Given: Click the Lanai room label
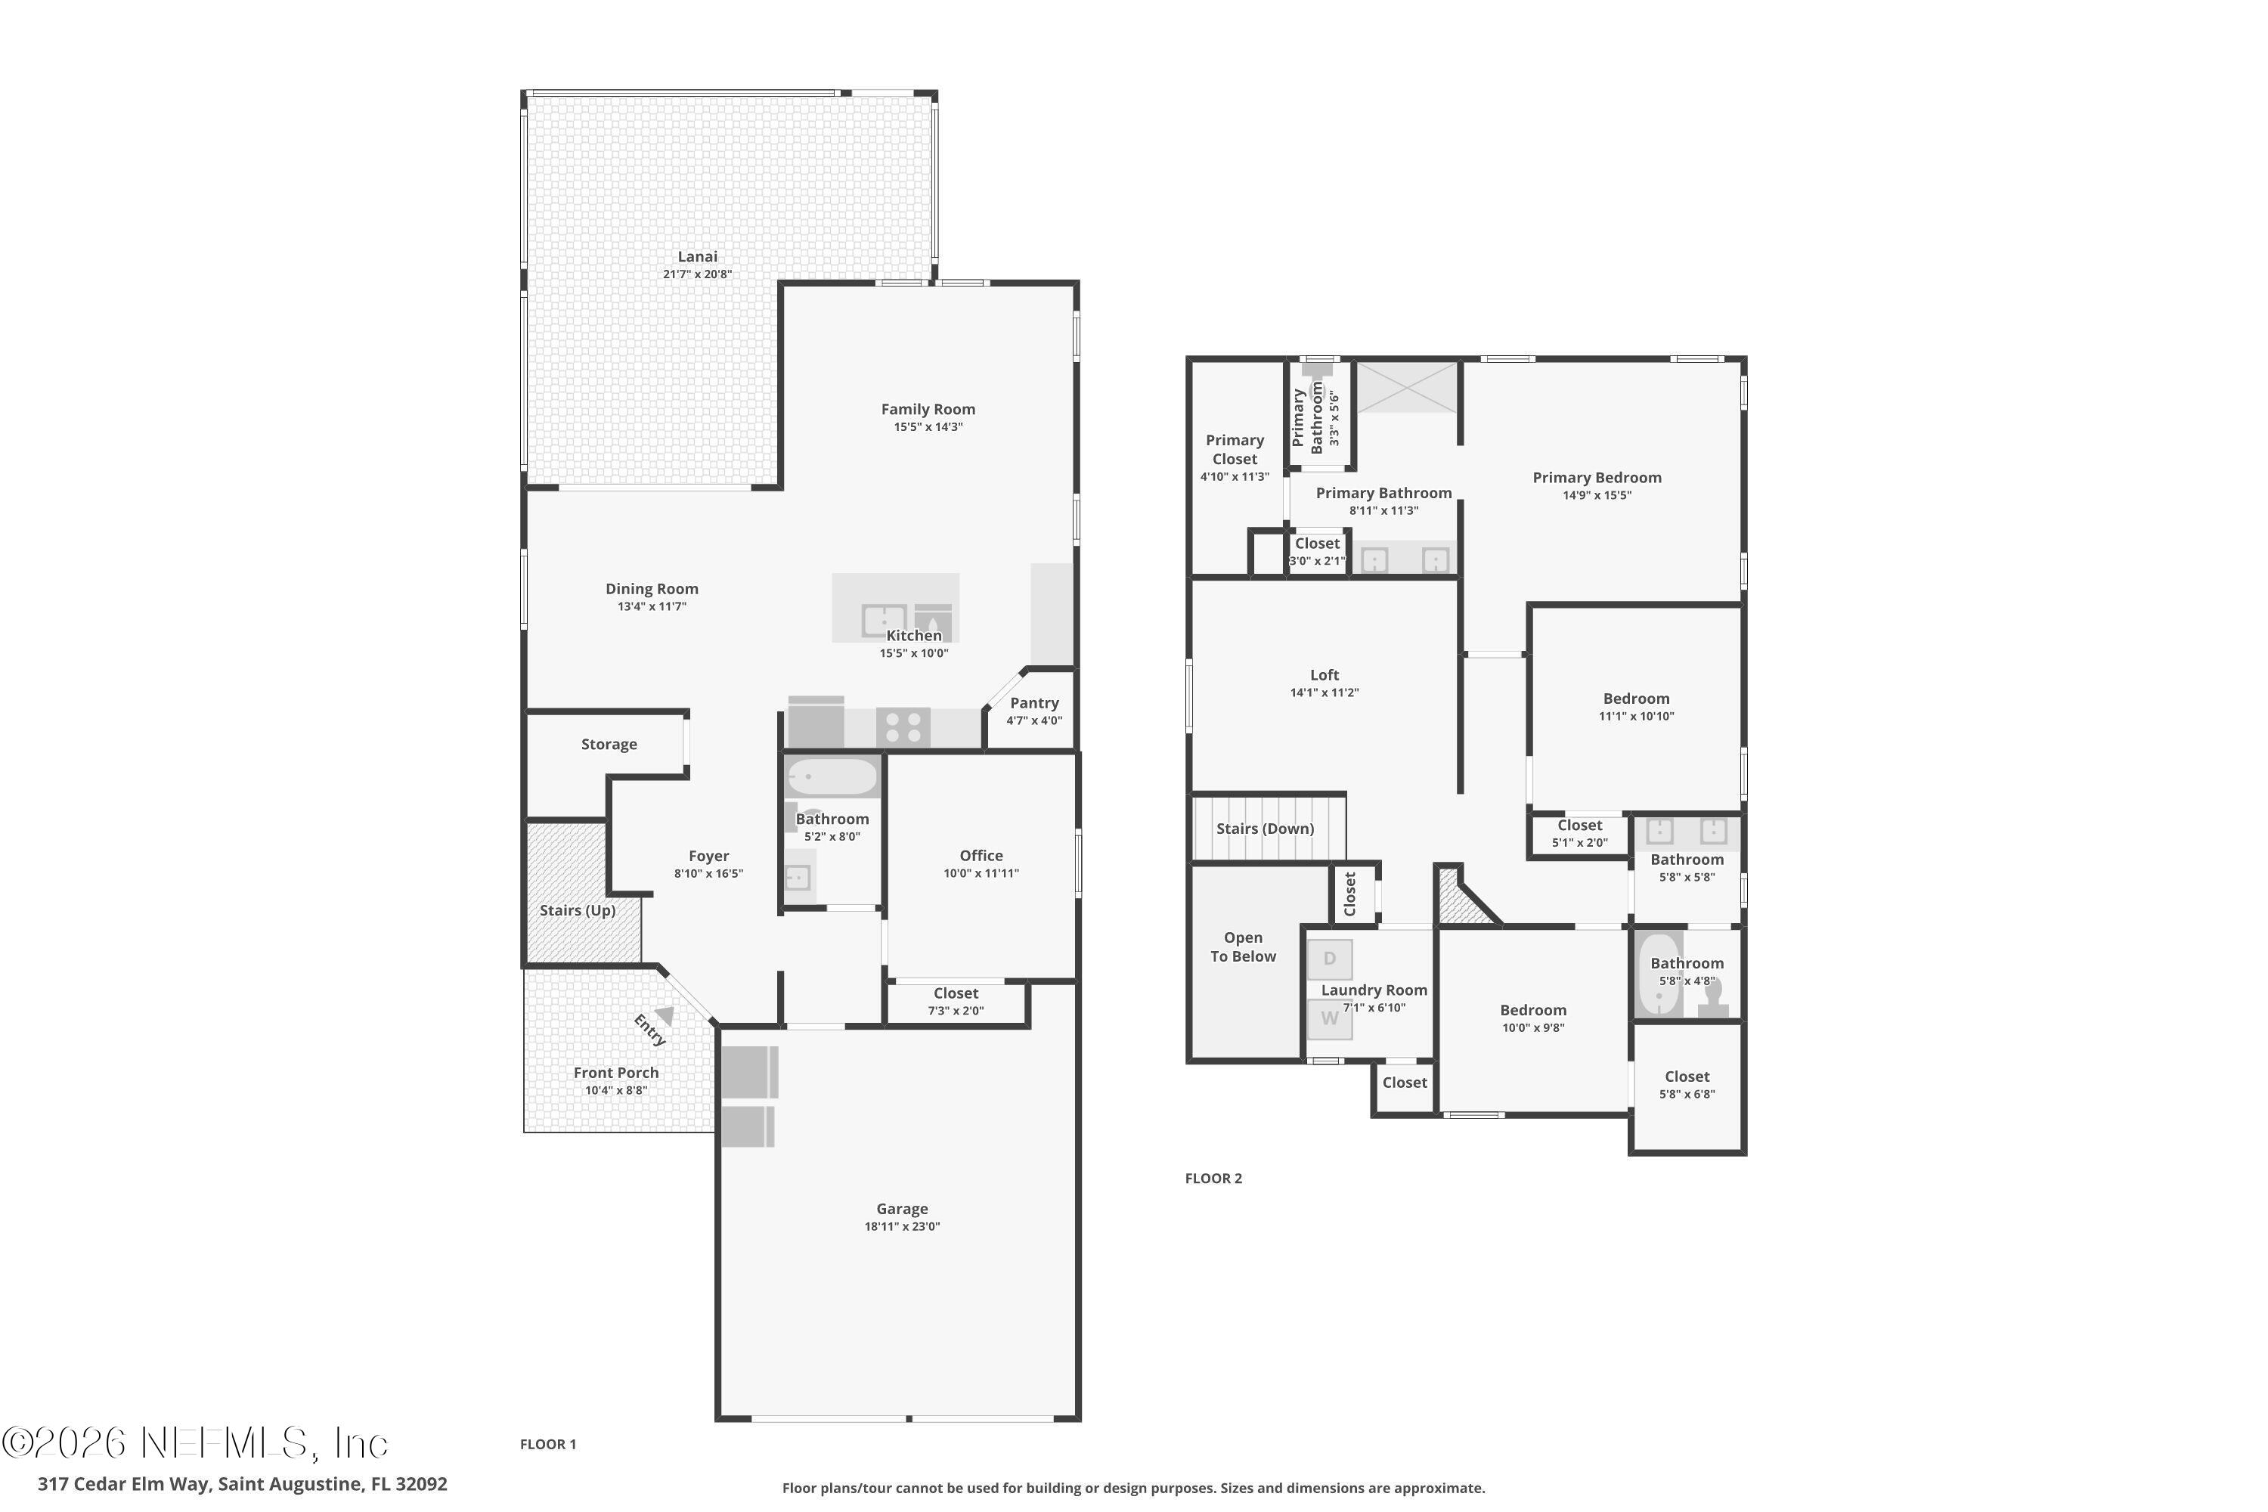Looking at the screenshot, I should point(696,256).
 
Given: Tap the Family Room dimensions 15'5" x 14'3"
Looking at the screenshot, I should point(928,427).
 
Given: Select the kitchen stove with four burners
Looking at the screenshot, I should point(903,727).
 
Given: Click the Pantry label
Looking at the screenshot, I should point(1033,703).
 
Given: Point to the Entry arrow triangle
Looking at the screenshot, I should point(665,1015).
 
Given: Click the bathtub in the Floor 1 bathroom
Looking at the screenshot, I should point(831,776).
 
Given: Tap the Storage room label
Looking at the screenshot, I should point(609,745).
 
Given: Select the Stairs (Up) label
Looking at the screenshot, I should point(577,910).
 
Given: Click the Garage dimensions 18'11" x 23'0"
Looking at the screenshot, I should point(902,1226).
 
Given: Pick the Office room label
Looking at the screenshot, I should point(981,855).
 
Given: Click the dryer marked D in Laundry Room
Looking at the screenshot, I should point(1330,959).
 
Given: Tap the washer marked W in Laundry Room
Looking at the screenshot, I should point(1330,1019).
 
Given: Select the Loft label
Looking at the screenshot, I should point(1324,675).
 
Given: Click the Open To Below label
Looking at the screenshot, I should point(1243,947).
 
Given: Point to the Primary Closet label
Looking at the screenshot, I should point(1235,449).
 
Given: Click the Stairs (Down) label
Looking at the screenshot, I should point(1264,829).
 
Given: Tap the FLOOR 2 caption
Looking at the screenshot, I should point(1213,1179).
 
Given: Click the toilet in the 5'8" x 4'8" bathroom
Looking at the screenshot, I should point(1712,996).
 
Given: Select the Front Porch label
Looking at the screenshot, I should point(615,1072).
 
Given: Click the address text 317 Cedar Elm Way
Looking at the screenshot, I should point(125,1484).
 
